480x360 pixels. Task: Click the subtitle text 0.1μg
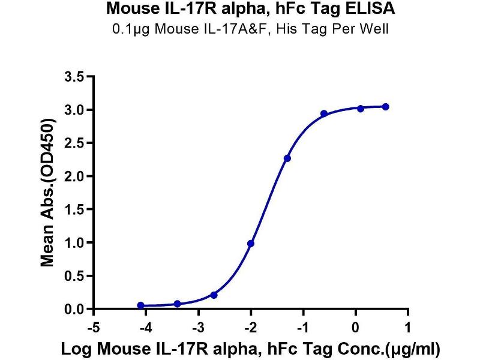(x=130, y=29)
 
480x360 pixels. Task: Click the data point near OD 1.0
(x=251, y=243)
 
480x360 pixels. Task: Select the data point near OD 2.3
(x=287, y=158)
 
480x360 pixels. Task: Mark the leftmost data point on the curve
(x=140, y=305)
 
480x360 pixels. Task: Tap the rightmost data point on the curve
(x=385, y=107)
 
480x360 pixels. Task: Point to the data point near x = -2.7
(x=214, y=295)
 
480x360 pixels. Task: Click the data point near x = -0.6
(x=324, y=113)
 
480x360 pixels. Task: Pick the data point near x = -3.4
(x=177, y=304)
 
